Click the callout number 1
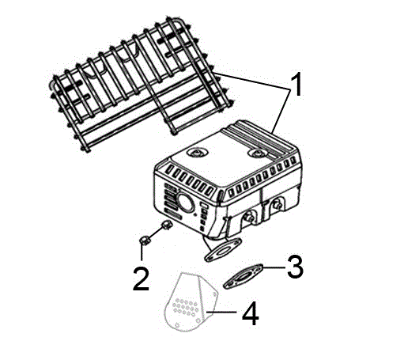tap(296, 85)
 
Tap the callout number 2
tap(141, 279)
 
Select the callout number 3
tap(295, 267)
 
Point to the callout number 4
tap(251, 313)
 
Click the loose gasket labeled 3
tap(243, 276)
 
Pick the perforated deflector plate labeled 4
tap(191, 302)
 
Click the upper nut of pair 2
tap(167, 225)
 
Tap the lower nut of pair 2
tap(144, 241)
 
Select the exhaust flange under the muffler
tap(223, 249)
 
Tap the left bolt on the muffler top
tap(198, 153)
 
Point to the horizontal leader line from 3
tap(274, 267)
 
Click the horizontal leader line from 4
tap(221, 313)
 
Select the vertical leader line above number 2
tap(142, 252)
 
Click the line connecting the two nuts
tap(156, 233)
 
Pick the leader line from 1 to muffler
tap(281, 111)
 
